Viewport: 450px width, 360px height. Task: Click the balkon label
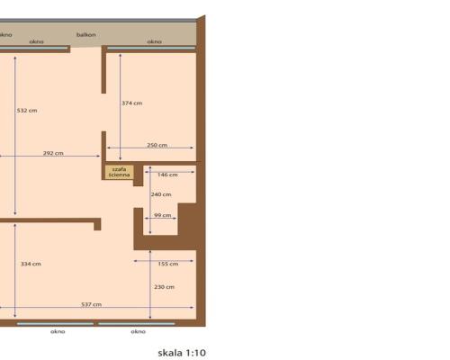(x=86, y=35)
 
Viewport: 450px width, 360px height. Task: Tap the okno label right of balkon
(x=154, y=41)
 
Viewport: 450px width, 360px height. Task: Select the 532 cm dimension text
(x=27, y=111)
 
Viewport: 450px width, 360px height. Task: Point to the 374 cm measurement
(x=131, y=103)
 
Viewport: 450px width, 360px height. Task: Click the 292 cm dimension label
(x=53, y=153)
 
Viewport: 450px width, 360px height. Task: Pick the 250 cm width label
(x=157, y=145)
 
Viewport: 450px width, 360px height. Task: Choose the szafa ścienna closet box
(x=118, y=171)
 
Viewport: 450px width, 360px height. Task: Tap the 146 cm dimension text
(x=167, y=174)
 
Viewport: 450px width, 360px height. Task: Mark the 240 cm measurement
(x=161, y=194)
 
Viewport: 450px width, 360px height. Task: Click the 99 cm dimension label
(x=163, y=216)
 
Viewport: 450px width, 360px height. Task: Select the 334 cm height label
(x=31, y=264)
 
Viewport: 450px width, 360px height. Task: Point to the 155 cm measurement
(x=167, y=264)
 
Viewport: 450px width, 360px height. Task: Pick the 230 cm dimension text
(x=163, y=287)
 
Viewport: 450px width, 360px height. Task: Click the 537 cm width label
(x=91, y=304)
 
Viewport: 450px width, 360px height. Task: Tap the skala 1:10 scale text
(x=182, y=353)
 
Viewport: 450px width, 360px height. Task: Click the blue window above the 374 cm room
(x=150, y=49)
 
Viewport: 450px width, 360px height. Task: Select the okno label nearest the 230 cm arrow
(x=138, y=331)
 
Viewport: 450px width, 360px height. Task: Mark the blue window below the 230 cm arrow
(x=137, y=323)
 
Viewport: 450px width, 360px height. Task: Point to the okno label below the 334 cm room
(x=58, y=331)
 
